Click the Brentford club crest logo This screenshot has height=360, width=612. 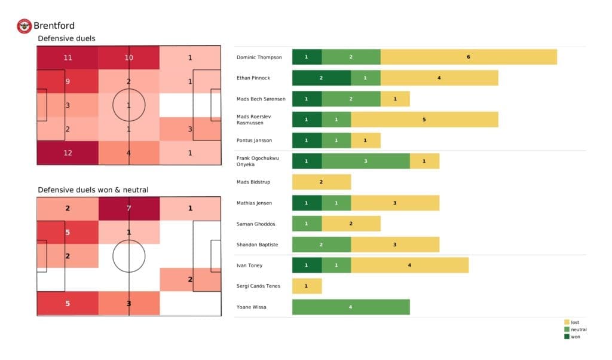[x=24, y=26]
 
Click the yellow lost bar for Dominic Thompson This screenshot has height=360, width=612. [x=469, y=57]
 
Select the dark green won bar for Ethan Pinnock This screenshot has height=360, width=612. [x=321, y=78]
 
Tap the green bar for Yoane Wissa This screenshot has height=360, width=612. [x=351, y=307]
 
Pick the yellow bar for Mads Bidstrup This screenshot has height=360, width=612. [x=321, y=182]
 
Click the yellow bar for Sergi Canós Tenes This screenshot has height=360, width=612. [x=307, y=286]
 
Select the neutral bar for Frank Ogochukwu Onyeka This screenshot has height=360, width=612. [x=366, y=161]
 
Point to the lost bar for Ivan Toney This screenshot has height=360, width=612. [x=409, y=265]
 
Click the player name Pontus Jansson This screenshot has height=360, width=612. [x=255, y=140]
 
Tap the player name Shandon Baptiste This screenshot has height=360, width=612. [x=258, y=245]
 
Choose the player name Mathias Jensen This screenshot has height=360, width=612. [x=255, y=203]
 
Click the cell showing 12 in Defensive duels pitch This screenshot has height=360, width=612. [x=67, y=152]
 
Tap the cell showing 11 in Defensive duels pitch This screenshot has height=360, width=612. [x=67, y=58]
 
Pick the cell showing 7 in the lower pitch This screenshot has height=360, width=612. [x=128, y=208]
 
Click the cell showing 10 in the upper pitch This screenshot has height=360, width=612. [x=128, y=58]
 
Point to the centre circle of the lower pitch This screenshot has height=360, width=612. [x=128, y=256]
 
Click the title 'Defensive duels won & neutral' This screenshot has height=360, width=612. [x=93, y=190]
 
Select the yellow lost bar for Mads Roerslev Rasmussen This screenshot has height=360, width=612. [x=424, y=120]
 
